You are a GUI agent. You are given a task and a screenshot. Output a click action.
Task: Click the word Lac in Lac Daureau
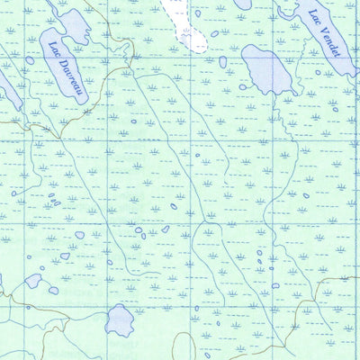coord(55,49)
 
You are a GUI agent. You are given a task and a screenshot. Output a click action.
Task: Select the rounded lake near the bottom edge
coord(120,319)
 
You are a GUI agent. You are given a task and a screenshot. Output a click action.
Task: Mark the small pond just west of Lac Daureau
coord(30,60)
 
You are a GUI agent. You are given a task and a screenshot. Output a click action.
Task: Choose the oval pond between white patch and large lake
coord(221,62)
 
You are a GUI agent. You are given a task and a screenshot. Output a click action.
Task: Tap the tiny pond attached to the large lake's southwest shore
coord(243,87)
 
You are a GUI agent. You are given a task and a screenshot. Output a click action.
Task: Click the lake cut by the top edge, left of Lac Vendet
coord(243,4)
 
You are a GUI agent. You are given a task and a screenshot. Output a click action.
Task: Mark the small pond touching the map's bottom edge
coord(207,356)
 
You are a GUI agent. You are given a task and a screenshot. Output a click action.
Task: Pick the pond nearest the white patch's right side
coord(214,34)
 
